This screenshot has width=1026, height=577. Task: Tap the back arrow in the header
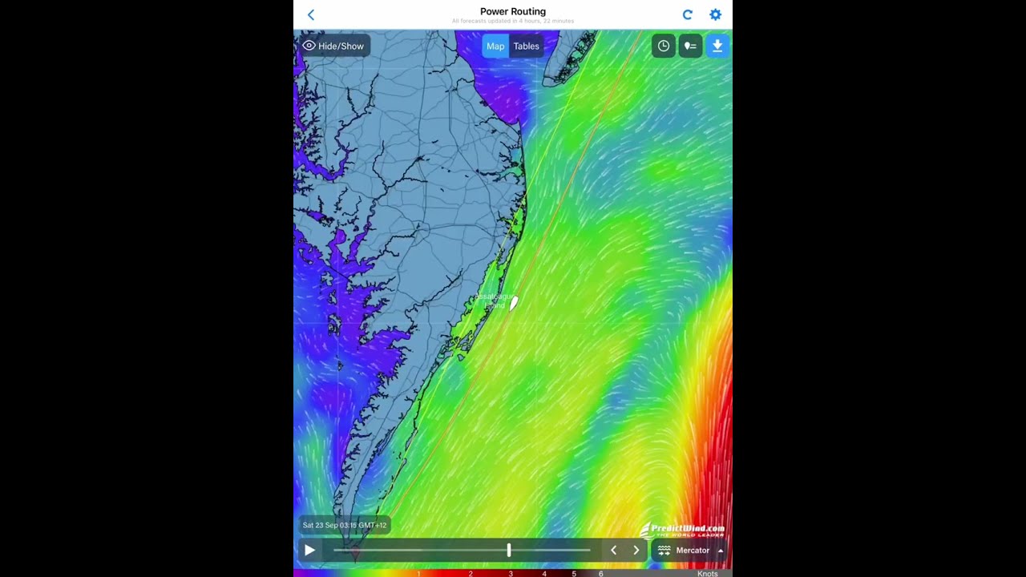(x=311, y=14)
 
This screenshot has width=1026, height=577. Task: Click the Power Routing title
(x=513, y=12)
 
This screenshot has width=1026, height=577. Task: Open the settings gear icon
(x=715, y=14)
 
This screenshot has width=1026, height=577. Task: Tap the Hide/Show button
(x=333, y=46)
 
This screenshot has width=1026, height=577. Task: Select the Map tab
(x=495, y=46)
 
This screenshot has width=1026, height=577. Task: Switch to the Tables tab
(x=527, y=46)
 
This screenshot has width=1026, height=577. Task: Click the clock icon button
(x=664, y=46)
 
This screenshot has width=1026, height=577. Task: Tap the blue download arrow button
(x=717, y=46)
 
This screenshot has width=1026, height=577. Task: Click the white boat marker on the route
(x=514, y=303)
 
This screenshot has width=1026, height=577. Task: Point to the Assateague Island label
(x=494, y=301)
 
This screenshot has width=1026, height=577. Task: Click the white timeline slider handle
(x=509, y=550)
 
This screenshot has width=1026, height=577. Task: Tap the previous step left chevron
(x=614, y=551)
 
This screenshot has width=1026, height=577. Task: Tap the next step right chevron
(x=636, y=551)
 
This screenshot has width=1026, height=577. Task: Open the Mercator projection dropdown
(x=691, y=551)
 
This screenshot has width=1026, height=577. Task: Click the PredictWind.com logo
(x=683, y=530)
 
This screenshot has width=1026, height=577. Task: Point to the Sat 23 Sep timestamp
(x=345, y=525)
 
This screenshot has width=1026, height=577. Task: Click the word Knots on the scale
(x=707, y=574)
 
